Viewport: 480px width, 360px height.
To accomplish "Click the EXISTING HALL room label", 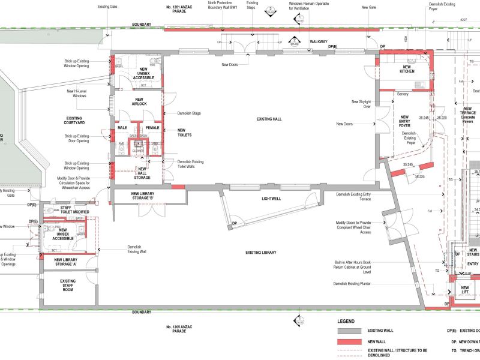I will click(x=269, y=119).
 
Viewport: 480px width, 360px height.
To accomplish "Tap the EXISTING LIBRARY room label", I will click(x=261, y=253).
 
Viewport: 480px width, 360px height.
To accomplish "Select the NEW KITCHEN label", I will click(x=407, y=69).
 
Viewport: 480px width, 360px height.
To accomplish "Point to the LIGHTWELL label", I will click(x=271, y=198).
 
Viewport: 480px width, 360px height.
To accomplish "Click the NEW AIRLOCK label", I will click(x=139, y=101).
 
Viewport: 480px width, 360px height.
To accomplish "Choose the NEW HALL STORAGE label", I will click(x=142, y=174).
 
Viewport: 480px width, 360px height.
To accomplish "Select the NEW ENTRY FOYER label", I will click(x=405, y=121).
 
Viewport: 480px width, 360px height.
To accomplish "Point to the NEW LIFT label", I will click(x=464, y=290).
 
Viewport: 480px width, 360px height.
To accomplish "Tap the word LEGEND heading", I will click(x=346, y=321).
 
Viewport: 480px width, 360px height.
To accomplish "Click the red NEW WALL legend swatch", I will click(x=351, y=341).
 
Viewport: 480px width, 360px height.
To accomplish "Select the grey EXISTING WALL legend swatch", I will click(x=351, y=331).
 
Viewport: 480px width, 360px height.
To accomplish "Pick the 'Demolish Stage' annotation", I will click(x=190, y=113).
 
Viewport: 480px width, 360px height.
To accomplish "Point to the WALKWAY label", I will click(x=319, y=42).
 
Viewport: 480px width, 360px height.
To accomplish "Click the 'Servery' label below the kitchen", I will click(x=402, y=94).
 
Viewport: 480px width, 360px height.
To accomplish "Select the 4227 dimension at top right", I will click(x=463, y=20).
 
